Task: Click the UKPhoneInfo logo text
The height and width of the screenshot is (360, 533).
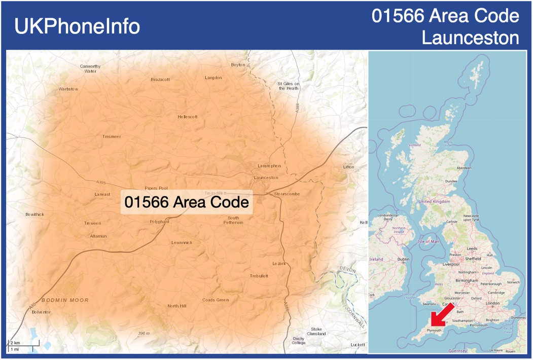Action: point(77,26)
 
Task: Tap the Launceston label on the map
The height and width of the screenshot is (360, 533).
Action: point(266,177)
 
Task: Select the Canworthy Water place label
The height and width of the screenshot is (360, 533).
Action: point(90,68)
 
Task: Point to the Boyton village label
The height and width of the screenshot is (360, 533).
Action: point(238,65)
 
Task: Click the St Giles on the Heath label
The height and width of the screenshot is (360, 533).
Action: point(289,86)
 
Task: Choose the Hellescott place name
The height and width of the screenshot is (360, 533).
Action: point(188,117)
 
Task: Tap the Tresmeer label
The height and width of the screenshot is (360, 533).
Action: point(112,136)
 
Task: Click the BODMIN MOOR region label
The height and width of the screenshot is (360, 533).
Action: point(65,300)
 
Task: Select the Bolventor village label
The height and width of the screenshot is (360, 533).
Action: point(41,312)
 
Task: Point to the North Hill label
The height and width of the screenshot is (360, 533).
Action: point(177,306)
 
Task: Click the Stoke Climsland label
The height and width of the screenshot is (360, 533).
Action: point(316,332)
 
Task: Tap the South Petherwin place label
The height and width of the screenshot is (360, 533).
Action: point(233,220)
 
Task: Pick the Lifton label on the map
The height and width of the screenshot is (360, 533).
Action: point(348,167)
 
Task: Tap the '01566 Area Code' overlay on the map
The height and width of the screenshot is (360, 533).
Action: point(187,202)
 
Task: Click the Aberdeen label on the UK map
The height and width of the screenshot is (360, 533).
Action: point(464,168)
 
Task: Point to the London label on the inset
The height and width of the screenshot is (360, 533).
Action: point(492,303)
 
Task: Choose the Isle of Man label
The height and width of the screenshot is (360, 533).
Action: point(429,241)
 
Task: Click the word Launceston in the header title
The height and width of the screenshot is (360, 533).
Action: point(471,38)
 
